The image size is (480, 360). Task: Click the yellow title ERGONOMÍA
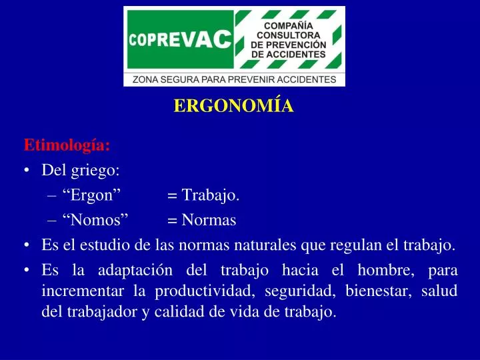(x=233, y=107)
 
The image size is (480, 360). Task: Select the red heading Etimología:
(x=67, y=145)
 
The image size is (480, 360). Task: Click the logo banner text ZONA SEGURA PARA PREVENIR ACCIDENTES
(x=235, y=79)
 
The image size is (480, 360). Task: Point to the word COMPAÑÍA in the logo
(x=289, y=25)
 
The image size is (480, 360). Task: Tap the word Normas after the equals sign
(x=209, y=220)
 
